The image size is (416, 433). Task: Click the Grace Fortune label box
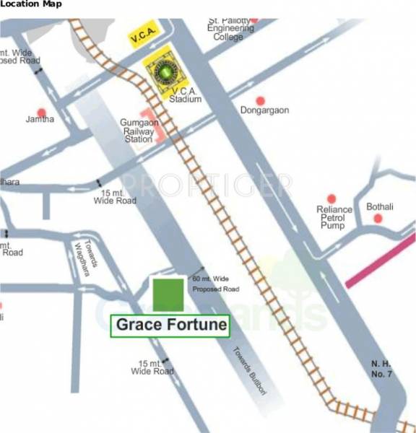tap(170, 325)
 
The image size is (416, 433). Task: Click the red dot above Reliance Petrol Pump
tap(331, 198)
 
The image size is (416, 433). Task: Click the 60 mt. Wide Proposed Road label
tap(215, 283)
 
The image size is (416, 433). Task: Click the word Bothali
tap(379, 207)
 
